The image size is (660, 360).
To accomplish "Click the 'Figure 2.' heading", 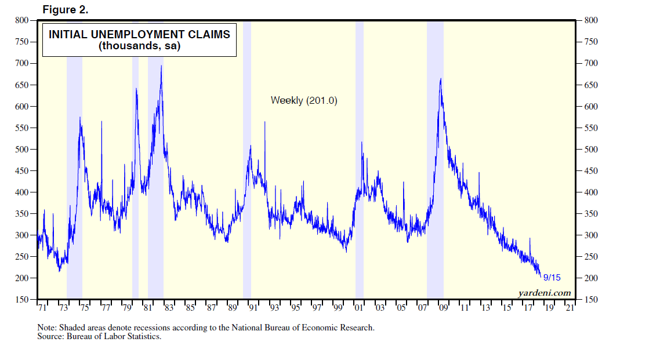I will (66, 10).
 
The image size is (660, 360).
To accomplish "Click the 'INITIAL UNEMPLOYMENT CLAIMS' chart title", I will (139, 34).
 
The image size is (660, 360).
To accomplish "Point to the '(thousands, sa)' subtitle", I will (139, 46).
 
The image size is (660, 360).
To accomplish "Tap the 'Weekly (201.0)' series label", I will (304, 100).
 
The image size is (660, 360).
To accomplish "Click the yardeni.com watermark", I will (543, 293).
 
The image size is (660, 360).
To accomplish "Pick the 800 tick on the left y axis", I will (21, 20).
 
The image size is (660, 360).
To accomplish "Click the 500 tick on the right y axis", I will (590, 149).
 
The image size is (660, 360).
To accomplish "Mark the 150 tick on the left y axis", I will (21, 300).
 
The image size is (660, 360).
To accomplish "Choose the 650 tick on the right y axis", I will (590, 85).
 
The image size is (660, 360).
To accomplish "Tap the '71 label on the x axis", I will (42, 308).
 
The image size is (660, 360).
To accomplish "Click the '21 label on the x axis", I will (570, 308).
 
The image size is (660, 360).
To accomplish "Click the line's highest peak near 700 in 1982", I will (161, 66).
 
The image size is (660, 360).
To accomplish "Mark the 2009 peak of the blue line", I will (441, 79).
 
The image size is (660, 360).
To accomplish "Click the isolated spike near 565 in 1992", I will (265, 122).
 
